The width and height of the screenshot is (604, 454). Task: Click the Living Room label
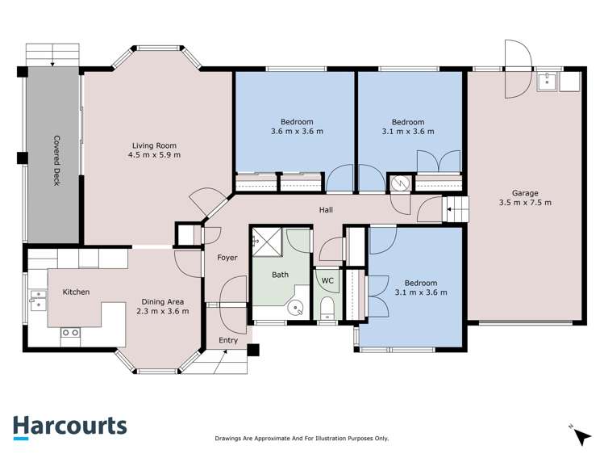154,145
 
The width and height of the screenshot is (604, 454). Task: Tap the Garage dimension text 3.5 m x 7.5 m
525,203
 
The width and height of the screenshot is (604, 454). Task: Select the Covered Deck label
56,161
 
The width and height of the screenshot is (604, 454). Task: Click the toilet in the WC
327,308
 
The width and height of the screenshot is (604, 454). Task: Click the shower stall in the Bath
268,242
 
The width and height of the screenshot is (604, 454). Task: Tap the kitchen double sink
38,301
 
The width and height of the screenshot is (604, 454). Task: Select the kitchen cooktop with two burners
70,333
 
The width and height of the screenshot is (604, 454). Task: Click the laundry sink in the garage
547,82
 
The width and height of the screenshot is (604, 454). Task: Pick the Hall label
326,210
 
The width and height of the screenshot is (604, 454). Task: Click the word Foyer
227,258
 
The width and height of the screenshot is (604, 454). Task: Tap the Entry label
228,340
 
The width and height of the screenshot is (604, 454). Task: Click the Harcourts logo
70,427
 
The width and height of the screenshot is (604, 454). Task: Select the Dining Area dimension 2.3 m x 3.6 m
163,311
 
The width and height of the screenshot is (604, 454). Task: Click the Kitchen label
77,292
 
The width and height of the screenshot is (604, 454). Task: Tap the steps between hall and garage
456,209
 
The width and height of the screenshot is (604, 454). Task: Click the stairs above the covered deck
52,55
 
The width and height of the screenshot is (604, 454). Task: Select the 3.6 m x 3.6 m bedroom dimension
297,131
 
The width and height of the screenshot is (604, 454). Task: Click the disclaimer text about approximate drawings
302,439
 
